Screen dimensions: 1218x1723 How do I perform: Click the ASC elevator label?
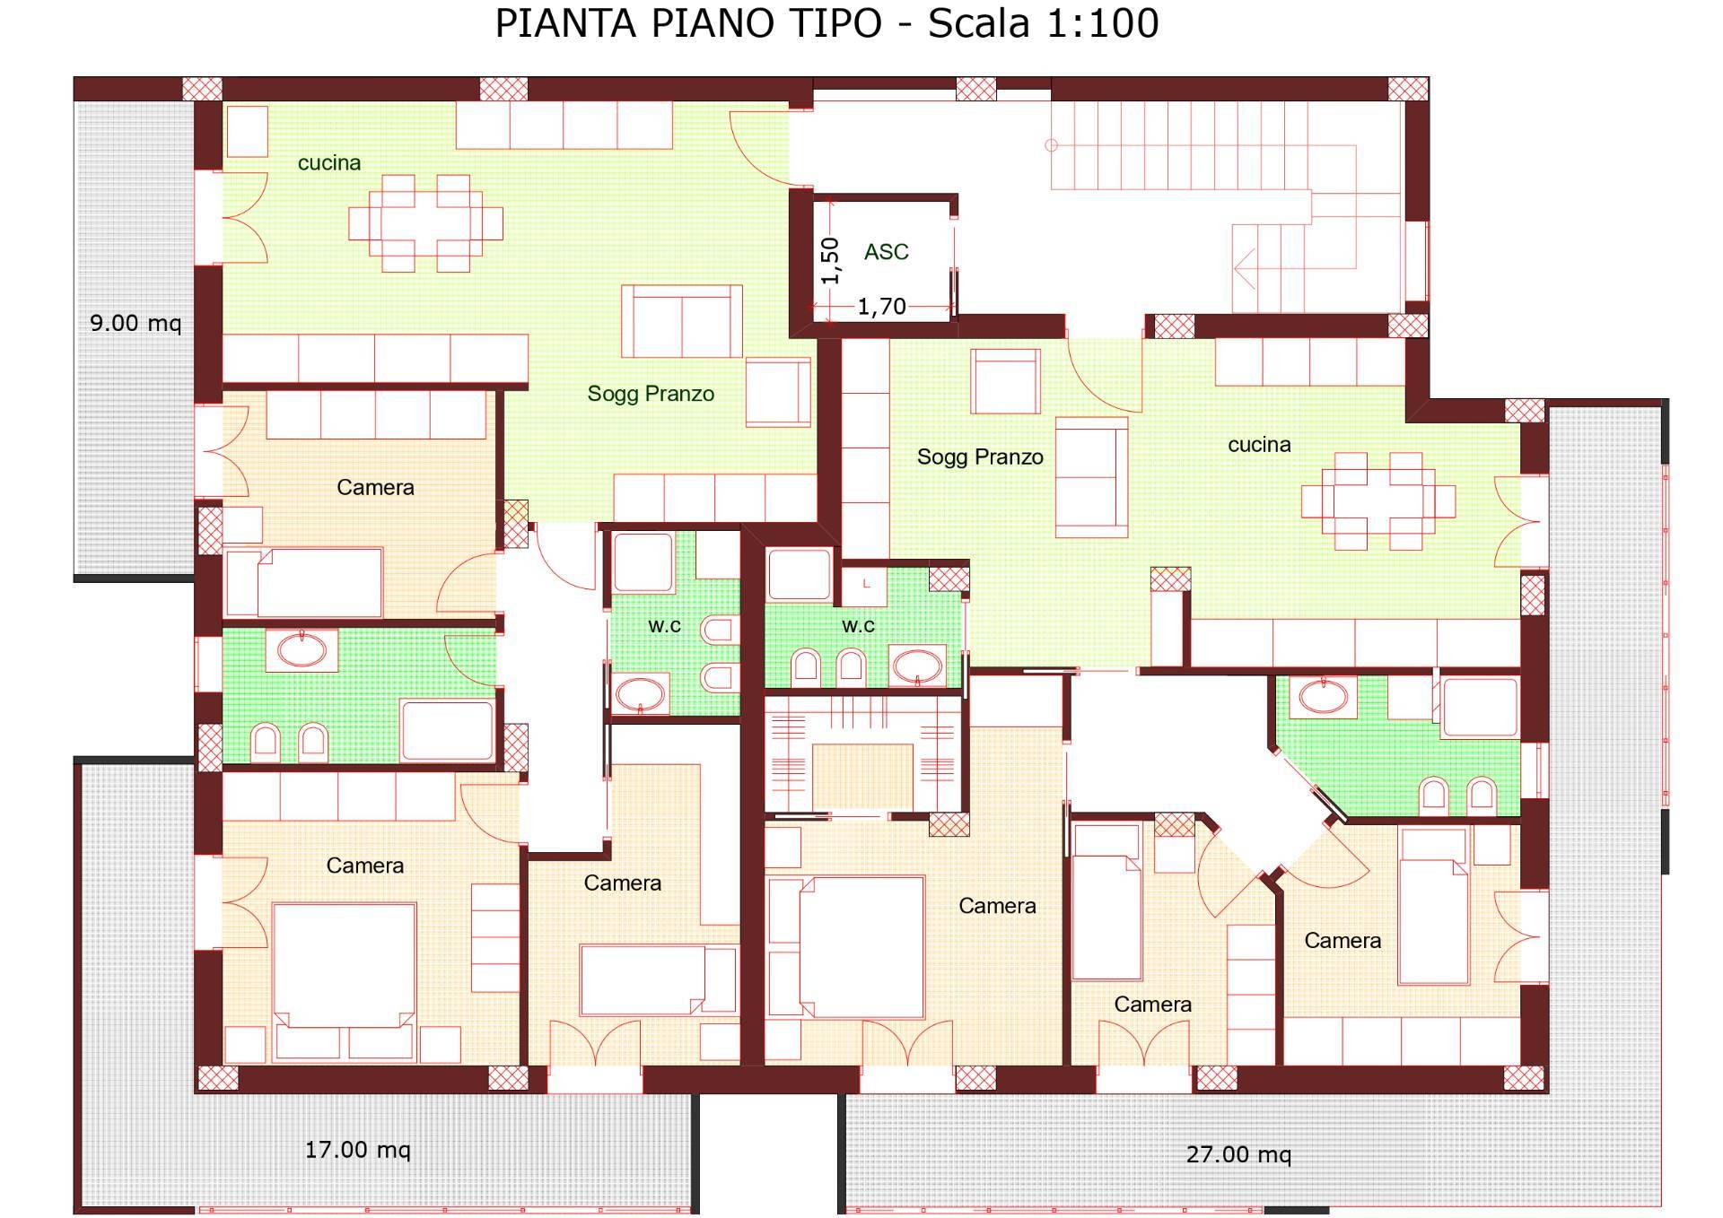pyautogui.click(x=886, y=252)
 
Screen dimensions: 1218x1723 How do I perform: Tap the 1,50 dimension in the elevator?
pyautogui.click(x=831, y=260)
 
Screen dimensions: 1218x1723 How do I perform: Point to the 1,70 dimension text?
pyautogui.click(x=881, y=308)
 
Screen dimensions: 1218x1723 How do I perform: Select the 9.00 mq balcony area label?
pyautogui.click(x=135, y=323)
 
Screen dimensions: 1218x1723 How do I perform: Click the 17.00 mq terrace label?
pyautogui.click(x=357, y=1150)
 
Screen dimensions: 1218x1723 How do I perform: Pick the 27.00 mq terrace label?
pyautogui.click(x=1238, y=1154)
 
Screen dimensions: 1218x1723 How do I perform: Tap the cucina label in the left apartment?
pyautogui.click(x=329, y=163)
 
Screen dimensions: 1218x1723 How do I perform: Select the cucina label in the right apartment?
pyautogui.click(x=1259, y=445)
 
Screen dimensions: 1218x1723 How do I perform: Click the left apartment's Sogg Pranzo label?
pyautogui.click(x=651, y=394)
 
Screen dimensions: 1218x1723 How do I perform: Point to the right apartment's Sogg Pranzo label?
pyautogui.click(x=980, y=457)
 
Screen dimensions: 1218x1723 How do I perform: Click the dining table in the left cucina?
pyautogui.click(x=425, y=222)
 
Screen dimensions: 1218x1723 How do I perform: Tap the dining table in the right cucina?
pyautogui.click(x=1378, y=500)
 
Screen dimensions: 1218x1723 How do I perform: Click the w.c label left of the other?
pyautogui.click(x=664, y=626)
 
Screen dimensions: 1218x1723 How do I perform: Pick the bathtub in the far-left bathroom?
pyautogui.click(x=446, y=730)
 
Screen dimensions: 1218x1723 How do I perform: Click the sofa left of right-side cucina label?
pyautogui.click(x=1091, y=476)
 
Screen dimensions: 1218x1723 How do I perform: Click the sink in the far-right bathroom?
pyautogui.click(x=1323, y=696)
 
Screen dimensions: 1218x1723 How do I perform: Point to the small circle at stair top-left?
pyautogui.click(x=1052, y=145)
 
